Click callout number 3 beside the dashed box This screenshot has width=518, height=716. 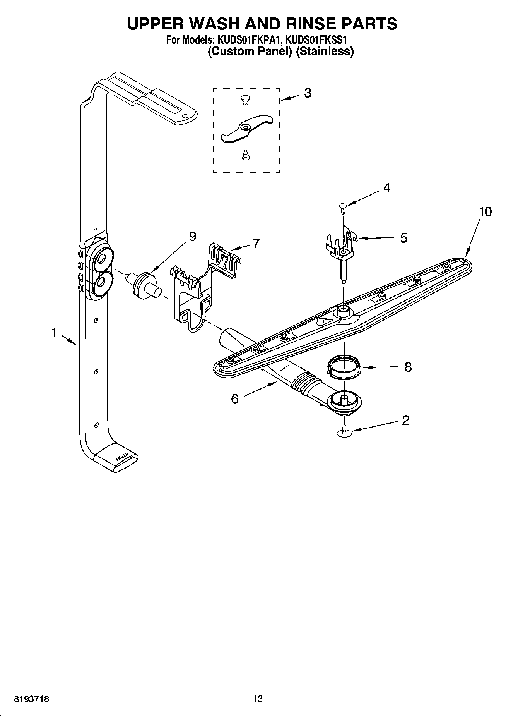click(308, 93)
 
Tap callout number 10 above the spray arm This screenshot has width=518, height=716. click(485, 212)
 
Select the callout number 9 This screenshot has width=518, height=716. click(192, 236)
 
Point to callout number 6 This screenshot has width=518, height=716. click(235, 398)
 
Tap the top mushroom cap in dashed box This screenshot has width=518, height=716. click(244, 100)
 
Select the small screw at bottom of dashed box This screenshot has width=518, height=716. click(244, 155)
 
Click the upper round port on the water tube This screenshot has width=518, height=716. click(103, 258)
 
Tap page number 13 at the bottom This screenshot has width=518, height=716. click(258, 699)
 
